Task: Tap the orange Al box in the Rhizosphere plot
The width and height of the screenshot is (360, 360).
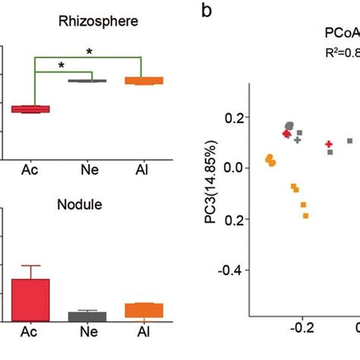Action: point(144,81)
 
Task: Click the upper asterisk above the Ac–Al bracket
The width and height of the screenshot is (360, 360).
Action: point(90,52)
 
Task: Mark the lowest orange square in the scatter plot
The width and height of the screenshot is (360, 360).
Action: point(306,216)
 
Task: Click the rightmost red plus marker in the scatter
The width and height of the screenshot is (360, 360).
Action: point(329,144)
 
